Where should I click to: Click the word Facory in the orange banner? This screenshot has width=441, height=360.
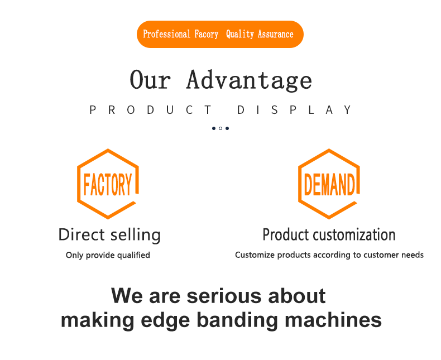(206, 34)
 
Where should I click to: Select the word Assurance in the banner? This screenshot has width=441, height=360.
(276, 34)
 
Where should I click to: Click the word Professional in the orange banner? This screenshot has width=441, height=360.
(166, 34)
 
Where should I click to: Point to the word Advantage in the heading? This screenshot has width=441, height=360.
(249, 80)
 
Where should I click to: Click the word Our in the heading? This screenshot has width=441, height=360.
(150, 80)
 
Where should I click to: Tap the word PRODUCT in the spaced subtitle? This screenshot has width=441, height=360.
(151, 110)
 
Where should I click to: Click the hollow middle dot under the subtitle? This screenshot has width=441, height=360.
(220, 128)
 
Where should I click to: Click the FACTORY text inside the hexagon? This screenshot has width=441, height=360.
(108, 185)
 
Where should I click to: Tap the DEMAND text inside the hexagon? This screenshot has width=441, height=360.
(329, 185)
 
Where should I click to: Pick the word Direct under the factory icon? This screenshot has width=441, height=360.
(82, 234)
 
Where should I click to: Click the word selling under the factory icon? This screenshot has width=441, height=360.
(135, 235)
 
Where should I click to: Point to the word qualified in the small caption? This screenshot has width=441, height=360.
(133, 255)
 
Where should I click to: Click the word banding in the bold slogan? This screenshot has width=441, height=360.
(237, 320)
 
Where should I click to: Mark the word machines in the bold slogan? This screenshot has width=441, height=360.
(333, 320)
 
